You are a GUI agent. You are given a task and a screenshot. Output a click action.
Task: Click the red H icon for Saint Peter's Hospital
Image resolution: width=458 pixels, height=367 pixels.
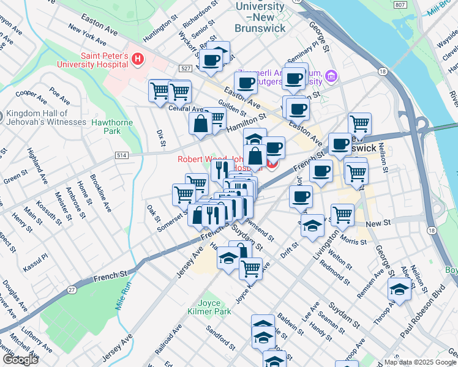click(138, 59)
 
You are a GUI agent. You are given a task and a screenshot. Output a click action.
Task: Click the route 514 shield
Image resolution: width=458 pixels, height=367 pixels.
click(121, 156)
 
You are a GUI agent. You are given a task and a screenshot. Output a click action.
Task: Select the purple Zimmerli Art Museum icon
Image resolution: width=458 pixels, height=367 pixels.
click(331, 76)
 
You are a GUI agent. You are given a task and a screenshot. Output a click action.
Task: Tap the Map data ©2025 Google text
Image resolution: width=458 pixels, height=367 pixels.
click(419, 362)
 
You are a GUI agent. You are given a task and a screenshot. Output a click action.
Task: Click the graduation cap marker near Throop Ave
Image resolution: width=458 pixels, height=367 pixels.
click(399, 290)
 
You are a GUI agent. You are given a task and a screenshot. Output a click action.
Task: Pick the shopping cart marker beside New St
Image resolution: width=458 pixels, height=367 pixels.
click(342, 214)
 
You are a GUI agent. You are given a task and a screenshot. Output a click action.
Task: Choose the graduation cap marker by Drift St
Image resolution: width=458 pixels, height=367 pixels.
click(312, 226)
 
